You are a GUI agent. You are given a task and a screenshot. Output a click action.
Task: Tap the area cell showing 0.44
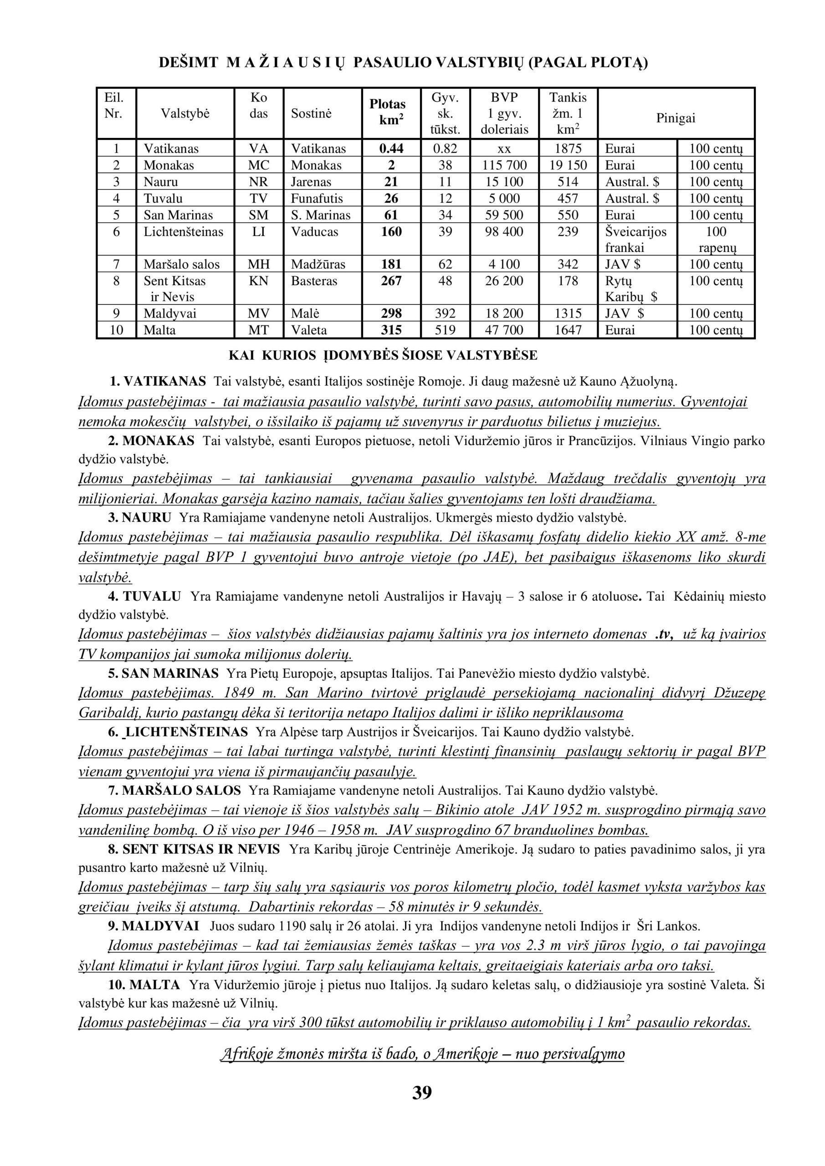(391, 149)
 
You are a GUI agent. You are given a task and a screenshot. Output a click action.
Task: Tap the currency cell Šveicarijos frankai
(635, 240)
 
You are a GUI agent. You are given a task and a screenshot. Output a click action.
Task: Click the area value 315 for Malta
(391, 330)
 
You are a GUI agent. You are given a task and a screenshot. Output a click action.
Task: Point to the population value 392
(445, 313)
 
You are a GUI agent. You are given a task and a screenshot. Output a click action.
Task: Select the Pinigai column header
(676, 118)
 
